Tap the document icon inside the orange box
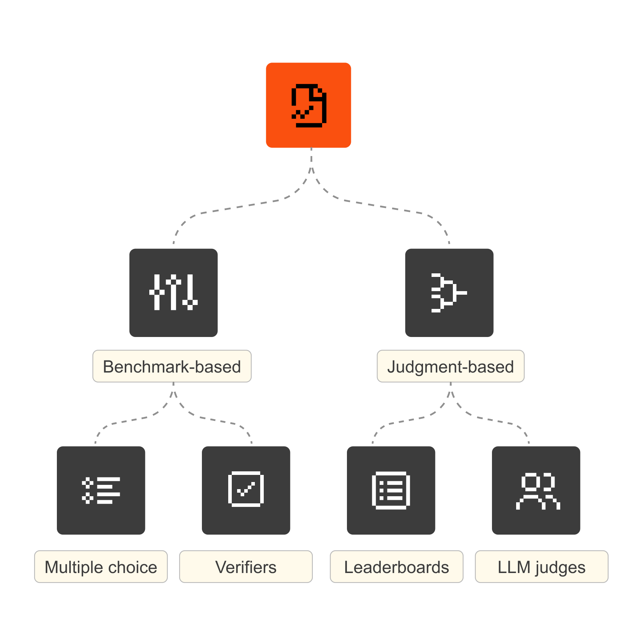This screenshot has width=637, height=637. pos(309,106)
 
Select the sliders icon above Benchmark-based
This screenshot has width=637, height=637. pos(173,292)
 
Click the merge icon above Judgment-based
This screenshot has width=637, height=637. pos(449,293)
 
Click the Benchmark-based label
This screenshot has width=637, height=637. pos(172,366)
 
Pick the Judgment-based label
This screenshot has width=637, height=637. pos(450,366)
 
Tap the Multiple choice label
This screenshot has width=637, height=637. pos(101,567)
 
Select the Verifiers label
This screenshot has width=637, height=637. pos(246,567)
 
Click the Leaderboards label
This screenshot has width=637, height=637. pos(396,567)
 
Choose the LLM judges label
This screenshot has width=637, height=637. pos(541,567)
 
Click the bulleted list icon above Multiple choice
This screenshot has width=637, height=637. pos(101,490)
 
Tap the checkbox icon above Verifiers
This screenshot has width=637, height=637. pos(246,489)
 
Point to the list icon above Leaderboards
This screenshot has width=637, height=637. pos(391,490)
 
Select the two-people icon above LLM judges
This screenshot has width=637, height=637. pos(538,491)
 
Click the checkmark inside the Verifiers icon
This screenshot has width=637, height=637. pos(246,489)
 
